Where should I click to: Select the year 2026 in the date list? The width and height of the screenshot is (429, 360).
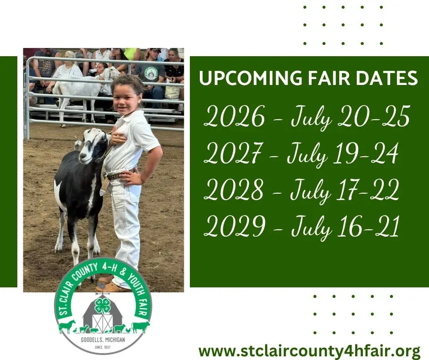tap(235, 116)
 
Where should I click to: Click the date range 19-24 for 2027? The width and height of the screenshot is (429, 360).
tap(365, 154)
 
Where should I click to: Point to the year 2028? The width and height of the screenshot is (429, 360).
tap(234, 190)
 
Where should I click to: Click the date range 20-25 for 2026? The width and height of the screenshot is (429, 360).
tap(373, 116)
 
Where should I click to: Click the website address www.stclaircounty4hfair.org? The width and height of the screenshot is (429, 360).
tap(309, 351)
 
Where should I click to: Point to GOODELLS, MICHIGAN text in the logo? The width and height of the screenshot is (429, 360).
tap(103, 340)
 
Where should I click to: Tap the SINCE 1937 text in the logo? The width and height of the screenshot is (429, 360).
tap(103, 347)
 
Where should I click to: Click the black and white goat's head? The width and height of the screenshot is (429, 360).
tap(92, 145)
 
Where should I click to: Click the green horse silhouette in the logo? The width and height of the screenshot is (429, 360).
tap(67, 326)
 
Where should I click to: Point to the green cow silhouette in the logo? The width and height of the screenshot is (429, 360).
tap(141, 327)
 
